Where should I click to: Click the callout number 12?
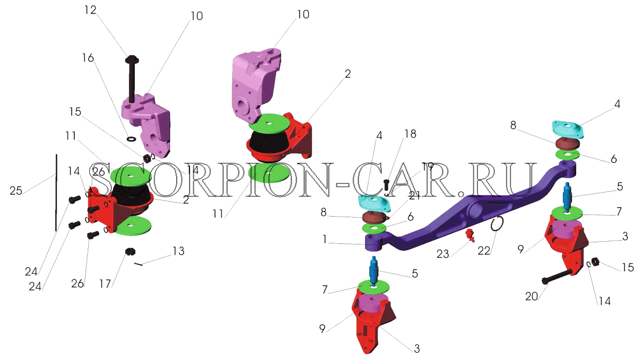tap(90, 10)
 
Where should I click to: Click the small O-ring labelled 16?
tap(131, 139)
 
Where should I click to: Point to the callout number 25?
tap(16, 190)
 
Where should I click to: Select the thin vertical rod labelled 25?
tap(56, 193)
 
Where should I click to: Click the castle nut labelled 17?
tap(131, 252)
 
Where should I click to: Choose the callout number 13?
tap(178, 251)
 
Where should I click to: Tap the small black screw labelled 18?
tap(386, 185)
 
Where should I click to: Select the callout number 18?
tap(410, 134)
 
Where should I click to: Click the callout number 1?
tap(324, 239)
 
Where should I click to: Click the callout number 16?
tap(88, 58)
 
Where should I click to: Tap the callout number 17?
tap(105, 284)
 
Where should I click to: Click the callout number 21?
tap(414, 196)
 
